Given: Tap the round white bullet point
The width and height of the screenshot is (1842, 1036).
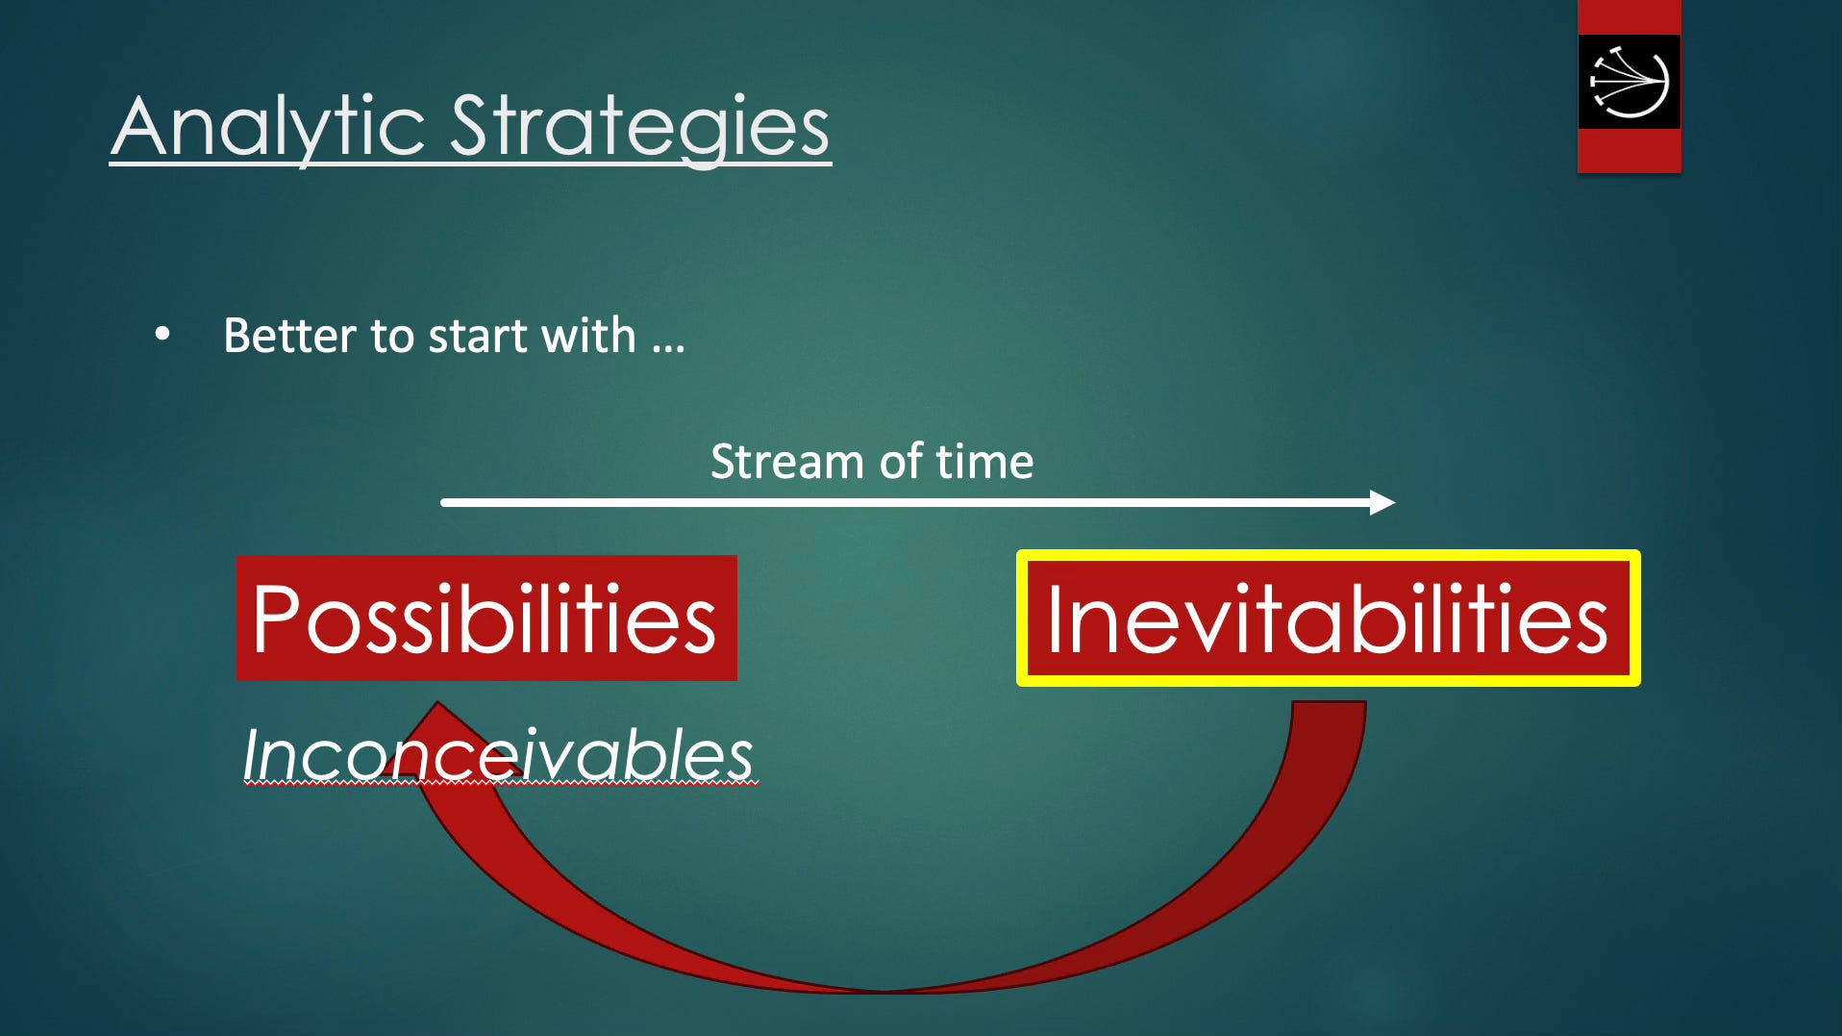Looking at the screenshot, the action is click(162, 334).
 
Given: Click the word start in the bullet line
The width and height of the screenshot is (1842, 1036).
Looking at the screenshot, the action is click(478, 336).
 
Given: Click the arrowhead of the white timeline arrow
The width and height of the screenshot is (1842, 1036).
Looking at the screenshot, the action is click(1382, 502).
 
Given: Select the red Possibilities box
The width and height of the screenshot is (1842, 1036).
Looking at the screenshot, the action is click(486, 618).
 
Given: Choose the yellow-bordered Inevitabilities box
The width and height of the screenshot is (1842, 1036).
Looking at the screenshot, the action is click(1329, 618).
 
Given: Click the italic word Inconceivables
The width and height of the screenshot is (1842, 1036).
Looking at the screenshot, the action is click(498, 755).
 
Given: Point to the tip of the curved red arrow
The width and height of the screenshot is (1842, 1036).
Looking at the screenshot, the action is click(437, 702).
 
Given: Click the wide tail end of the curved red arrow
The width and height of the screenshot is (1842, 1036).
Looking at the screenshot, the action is click(1329, 704).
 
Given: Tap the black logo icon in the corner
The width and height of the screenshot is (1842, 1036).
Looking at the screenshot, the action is click(1630, 82).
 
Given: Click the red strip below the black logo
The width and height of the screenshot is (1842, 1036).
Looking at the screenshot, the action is click(1630, 151).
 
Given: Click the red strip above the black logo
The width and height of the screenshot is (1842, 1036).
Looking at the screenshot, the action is click(1630, 17).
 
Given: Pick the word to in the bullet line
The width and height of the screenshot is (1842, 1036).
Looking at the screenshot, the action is click(392, 337).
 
